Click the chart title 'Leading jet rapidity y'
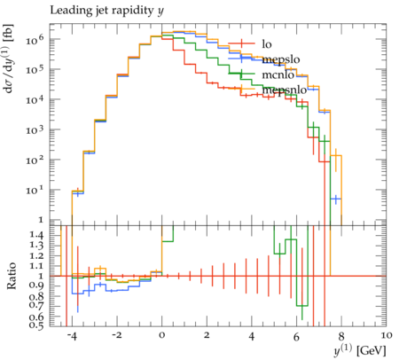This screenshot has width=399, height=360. coord(106,11)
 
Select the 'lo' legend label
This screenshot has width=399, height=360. coord(267,44)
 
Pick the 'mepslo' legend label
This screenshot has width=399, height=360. coord(281,59)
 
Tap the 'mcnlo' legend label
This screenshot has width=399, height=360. coord(278,74)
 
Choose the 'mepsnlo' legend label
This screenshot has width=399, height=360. coord(285,90)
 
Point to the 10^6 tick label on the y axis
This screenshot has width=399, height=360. coord(35,39)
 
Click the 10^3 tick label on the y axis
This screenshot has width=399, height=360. coord(35,129)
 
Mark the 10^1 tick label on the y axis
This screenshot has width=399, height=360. coord(35,190)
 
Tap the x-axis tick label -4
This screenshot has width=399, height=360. coord(71,336)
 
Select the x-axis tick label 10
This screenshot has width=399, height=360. coord(387,335)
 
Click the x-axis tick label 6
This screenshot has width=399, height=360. coord(296,336)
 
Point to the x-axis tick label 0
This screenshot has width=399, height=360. coord(161,335)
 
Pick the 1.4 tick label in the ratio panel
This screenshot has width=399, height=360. coord(37,235)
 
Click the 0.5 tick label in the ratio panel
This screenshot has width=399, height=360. coord(37,325)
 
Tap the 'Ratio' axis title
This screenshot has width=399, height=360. coord(12,276)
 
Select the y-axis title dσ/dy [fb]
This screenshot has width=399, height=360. coord(9,59)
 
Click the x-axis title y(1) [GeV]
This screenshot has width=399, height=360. coord(360,350)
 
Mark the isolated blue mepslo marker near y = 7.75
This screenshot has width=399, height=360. coord(335,199)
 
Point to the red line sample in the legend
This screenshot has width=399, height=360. coord(241,43)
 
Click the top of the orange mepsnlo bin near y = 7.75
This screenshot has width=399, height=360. coord(336,156)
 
